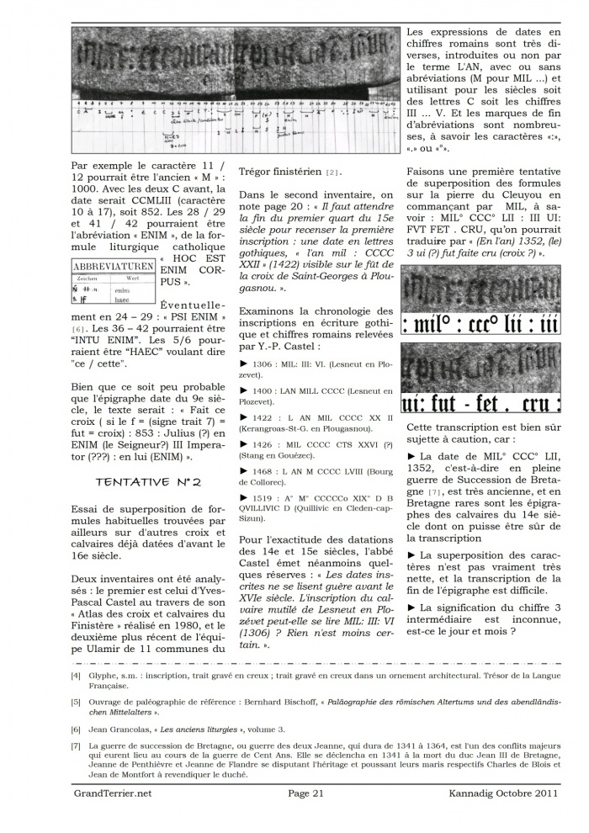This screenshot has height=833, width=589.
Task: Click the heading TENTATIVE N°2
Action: pyautogui.click(x=148, y=482)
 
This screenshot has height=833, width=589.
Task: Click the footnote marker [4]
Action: pyautogui.click(x=76, y=675)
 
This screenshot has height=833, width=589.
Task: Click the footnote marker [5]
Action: pyautogui.click(x=76, y=700)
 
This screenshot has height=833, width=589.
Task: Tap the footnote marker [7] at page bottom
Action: pyautogui.click(x=76, y=745)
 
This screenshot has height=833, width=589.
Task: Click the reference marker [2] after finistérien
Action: pyautogui.click(x=332, y=173)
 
